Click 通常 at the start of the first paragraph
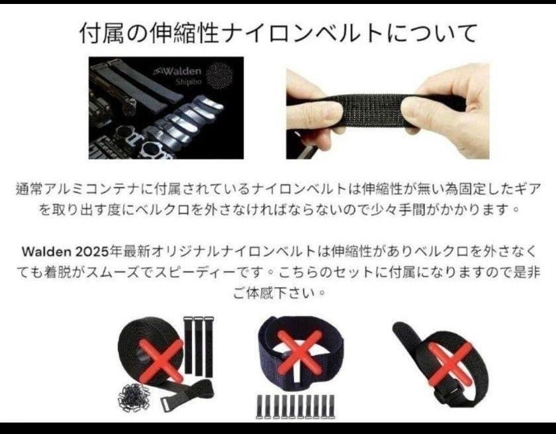[28, 189]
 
